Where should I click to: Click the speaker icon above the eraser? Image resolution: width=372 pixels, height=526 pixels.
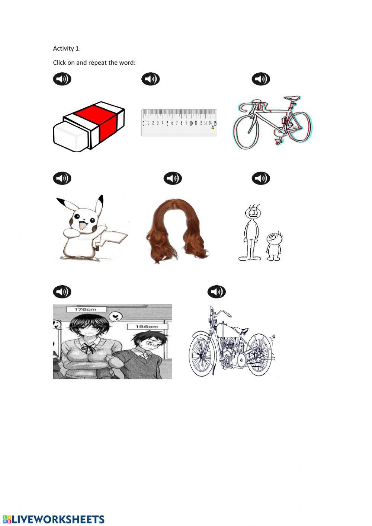coord(62,79)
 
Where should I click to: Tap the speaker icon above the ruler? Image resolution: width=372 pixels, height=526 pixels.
coord(150,79)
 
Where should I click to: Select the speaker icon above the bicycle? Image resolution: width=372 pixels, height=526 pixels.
coord(261,79)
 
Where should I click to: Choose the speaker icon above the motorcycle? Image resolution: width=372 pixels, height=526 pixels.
coord(217,291)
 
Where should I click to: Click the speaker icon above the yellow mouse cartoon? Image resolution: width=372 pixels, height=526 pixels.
coord(62,178)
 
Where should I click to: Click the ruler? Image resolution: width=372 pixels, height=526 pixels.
coord(179,122)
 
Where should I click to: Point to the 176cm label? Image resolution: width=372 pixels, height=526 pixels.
coord(86,309)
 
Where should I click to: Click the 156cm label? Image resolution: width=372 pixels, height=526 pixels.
coord(147,326)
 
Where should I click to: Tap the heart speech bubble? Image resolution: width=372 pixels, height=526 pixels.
coord(116,317)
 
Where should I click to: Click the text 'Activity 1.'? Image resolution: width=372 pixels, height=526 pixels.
coord(67,48)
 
